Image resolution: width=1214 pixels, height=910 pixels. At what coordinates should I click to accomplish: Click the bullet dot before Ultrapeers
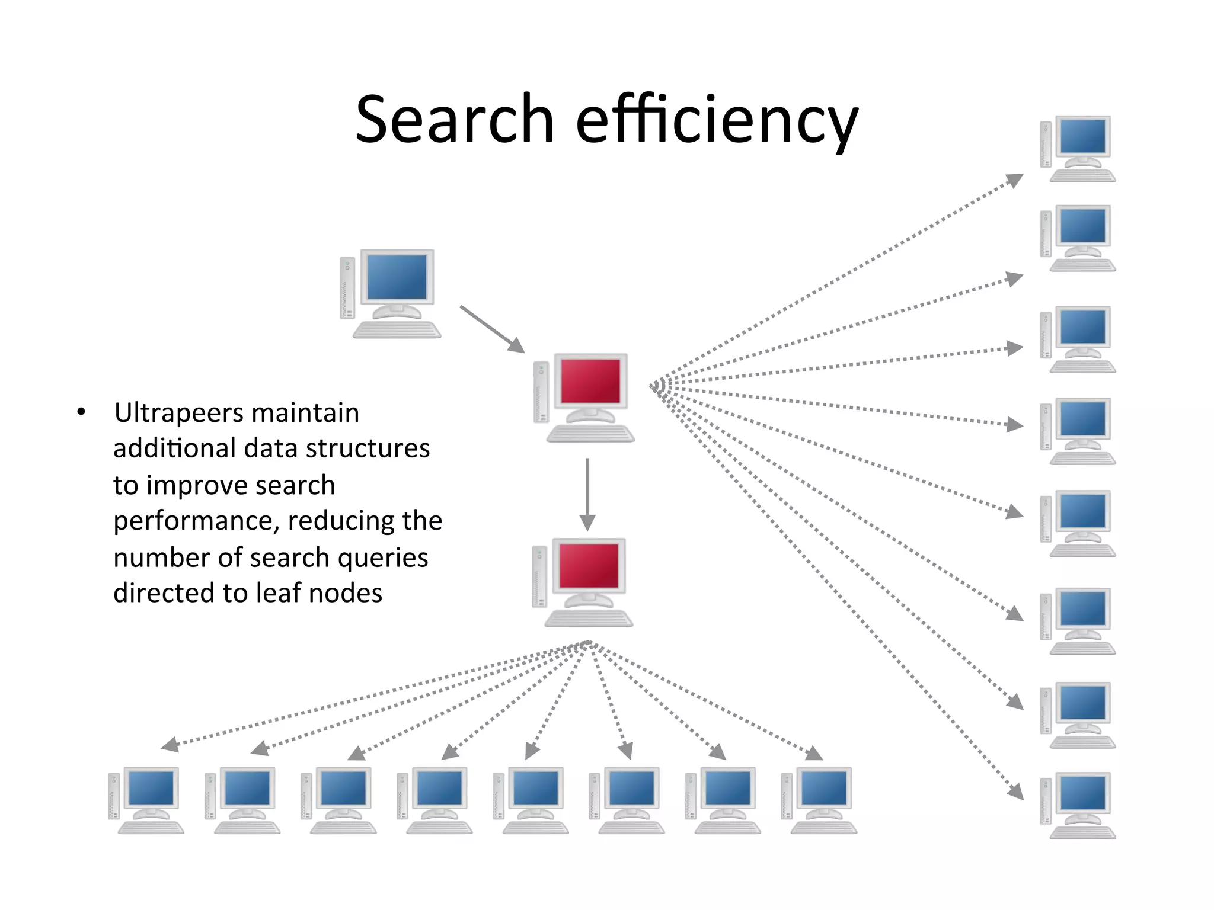[81, 412]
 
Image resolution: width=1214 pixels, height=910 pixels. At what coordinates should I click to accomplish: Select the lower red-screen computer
[583, 582]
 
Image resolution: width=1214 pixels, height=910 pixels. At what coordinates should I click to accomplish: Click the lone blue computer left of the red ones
[391, 293]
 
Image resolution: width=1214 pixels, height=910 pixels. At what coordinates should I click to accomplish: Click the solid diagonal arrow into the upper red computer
[492, 329]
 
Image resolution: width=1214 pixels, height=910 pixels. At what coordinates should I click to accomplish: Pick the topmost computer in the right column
[1078, 149]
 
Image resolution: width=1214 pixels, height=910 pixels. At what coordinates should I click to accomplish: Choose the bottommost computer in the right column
[1078, 805]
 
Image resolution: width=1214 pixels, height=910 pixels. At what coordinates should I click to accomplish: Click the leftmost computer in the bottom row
[146, 800]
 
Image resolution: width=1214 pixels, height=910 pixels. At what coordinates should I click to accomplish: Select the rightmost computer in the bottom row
[820, 800]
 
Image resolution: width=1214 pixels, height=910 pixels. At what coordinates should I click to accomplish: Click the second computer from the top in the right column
[1078, 238]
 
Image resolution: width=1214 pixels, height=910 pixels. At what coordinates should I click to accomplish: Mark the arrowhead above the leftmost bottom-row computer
[170, 744]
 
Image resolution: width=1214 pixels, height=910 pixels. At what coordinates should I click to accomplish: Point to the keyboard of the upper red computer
[590, 434]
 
